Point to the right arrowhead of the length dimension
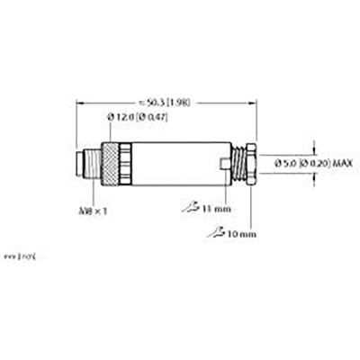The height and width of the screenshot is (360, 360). (x=257, y=102)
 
